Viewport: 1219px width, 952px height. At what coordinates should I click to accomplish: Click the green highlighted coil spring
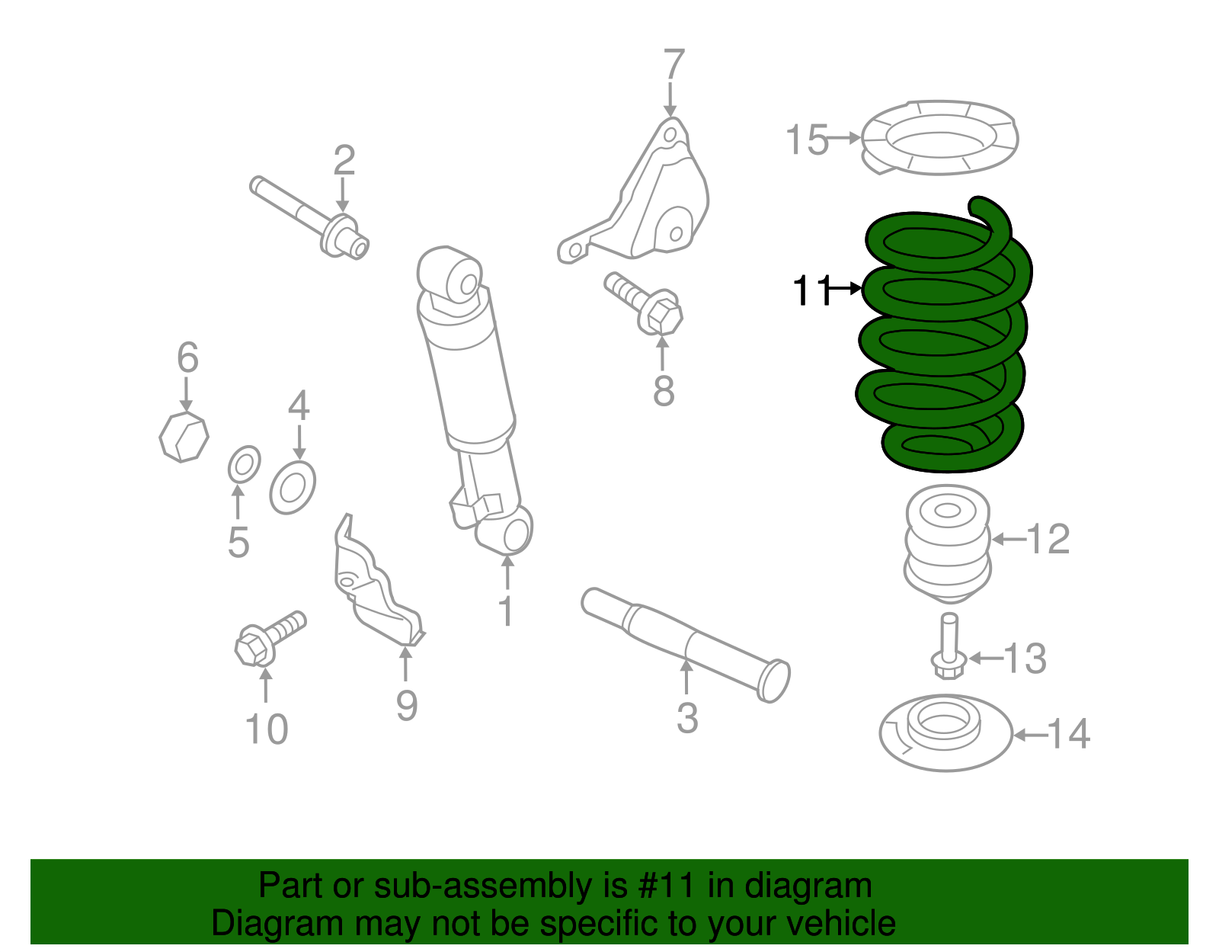coord(945,343)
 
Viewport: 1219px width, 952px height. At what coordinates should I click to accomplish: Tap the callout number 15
coord(806,140)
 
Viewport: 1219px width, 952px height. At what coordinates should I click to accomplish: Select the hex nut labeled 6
coord(184,437)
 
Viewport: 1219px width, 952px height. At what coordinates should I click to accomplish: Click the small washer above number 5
coord(244,464)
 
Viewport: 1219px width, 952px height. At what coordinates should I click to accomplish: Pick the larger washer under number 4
coord(293,488)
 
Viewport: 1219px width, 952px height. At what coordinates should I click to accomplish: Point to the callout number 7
coord(673,66)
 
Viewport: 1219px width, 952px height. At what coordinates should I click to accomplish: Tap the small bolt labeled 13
coord(948,648)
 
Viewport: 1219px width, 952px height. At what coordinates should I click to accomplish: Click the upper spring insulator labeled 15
coord(941,138)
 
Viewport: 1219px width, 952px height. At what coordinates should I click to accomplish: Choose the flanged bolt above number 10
coord(268,639)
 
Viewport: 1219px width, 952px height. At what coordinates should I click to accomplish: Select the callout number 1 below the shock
coord(506,611)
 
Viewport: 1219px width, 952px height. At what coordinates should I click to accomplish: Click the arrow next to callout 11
coord(846,289)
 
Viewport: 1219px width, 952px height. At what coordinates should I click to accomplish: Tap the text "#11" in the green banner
coord(673,886)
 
